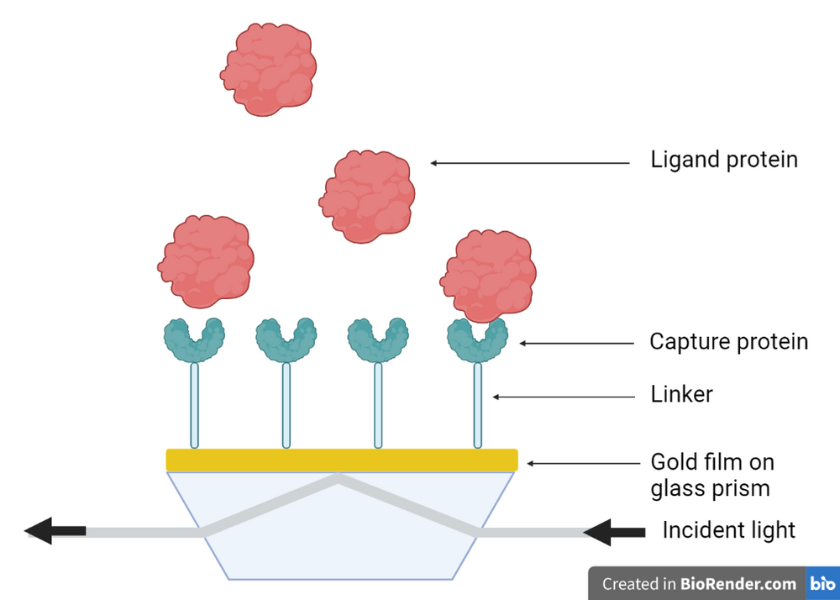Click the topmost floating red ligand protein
270,69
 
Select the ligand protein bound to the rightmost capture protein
488,276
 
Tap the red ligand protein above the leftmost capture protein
206,261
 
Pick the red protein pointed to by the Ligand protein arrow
368,197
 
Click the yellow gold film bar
341,460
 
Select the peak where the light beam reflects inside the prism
339,480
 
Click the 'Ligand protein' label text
723,160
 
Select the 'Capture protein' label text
728,342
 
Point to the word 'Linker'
681,394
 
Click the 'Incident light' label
728,530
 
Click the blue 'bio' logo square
822,583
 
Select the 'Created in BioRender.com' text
699,584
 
